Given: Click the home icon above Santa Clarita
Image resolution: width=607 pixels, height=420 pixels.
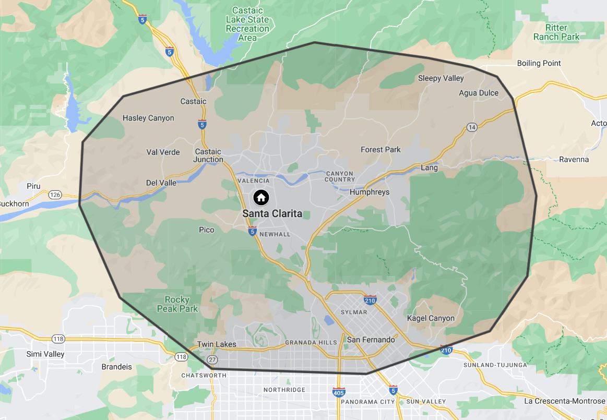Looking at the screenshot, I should (x=261, y=198).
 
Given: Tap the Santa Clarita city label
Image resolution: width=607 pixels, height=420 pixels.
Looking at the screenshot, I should (x=272, y=213).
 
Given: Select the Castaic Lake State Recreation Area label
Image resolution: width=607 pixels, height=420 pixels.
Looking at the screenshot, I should (x=247, y=24).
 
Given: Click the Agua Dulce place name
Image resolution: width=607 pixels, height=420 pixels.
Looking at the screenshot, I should (x=479, y=93).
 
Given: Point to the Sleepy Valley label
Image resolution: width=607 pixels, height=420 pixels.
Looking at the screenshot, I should (x=441, y=78).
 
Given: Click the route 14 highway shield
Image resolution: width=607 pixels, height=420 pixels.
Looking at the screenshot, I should (x=472, y=127).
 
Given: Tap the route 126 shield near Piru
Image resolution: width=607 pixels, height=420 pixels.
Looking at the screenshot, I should (x=55, y=195).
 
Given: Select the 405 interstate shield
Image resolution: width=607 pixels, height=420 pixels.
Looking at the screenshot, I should (x=338, y=391).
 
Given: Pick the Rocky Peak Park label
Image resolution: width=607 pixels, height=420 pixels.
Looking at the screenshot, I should (x=177, y=304).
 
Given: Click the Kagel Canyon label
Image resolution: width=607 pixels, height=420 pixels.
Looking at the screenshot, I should (x=431, y=318).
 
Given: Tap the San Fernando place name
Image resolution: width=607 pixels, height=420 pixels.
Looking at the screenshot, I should (x=371, y=340).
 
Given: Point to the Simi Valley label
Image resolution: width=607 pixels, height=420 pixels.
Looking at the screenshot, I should (x=45, y=354).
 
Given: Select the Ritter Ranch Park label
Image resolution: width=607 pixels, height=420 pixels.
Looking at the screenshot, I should (x=556, y=32).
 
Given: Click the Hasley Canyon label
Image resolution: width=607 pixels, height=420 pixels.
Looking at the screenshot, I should (x=148, y=118).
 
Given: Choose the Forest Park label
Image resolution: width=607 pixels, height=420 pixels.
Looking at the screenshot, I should (x=380, y=150).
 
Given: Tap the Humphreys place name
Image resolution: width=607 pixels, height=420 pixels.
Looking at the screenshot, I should (x=370, y=192).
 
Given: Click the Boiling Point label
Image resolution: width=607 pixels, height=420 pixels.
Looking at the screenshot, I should (x=539, y=63).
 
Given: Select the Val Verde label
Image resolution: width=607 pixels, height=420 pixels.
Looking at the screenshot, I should (x=163, y=152).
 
